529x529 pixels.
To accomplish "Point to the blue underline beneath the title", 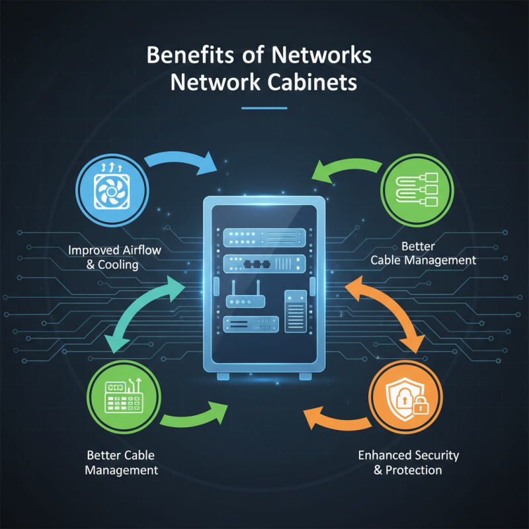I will coord(264,107).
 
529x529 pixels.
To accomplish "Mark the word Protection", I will coord(414,470).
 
